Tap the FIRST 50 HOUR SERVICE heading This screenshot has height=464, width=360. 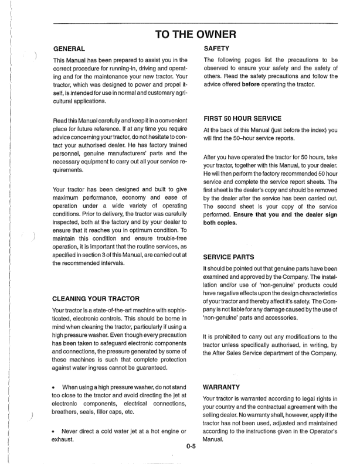(242, 118)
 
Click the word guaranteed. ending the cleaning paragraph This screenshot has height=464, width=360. (151, 367)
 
